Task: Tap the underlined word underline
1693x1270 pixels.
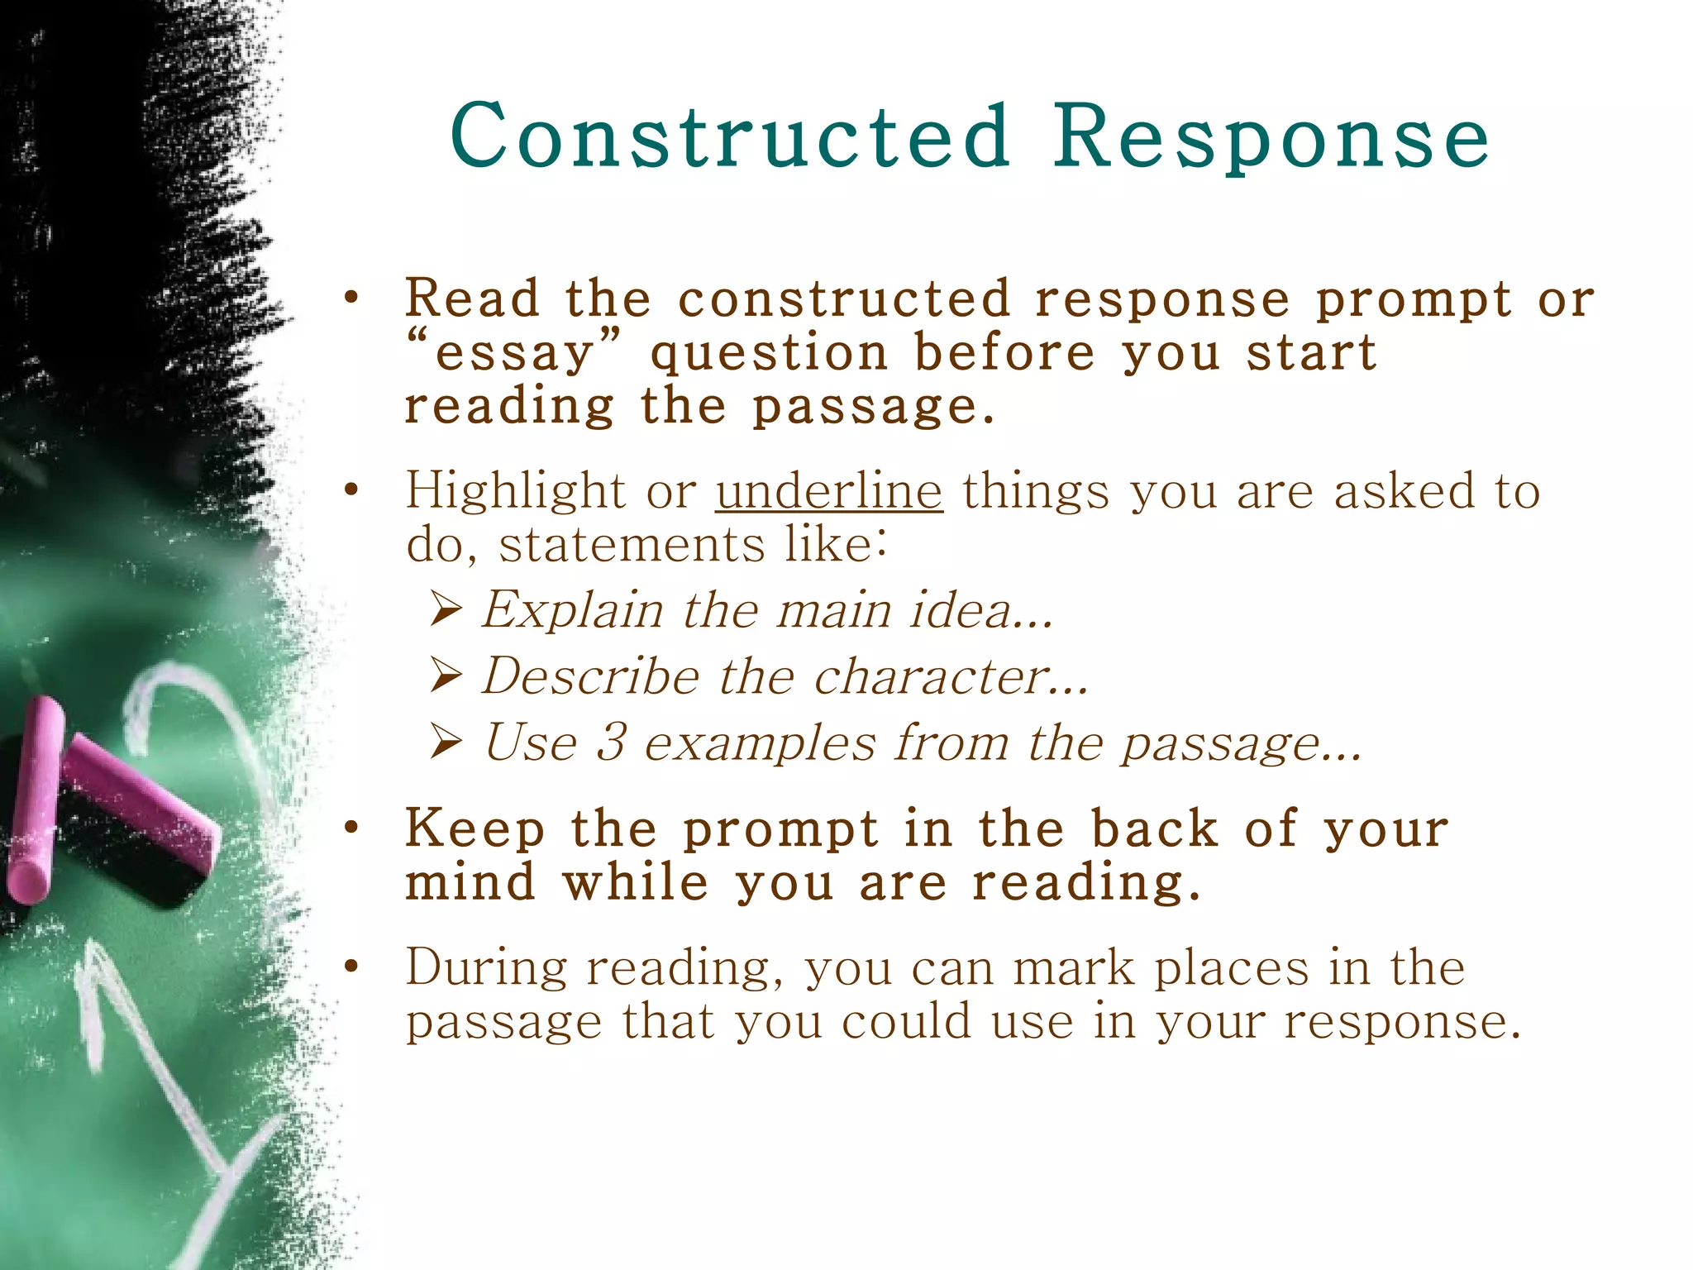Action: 828,490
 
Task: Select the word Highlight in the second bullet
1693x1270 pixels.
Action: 515,490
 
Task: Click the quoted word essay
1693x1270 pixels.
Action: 514,354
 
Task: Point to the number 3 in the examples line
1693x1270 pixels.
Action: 612,742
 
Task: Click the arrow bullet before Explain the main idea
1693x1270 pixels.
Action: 446,611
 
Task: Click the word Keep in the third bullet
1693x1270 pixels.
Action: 475,828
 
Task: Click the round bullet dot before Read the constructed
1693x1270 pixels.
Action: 352,298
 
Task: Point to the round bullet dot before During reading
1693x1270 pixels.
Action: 352,967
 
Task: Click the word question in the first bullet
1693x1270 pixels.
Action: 769,354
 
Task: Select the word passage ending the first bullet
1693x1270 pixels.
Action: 873,407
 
